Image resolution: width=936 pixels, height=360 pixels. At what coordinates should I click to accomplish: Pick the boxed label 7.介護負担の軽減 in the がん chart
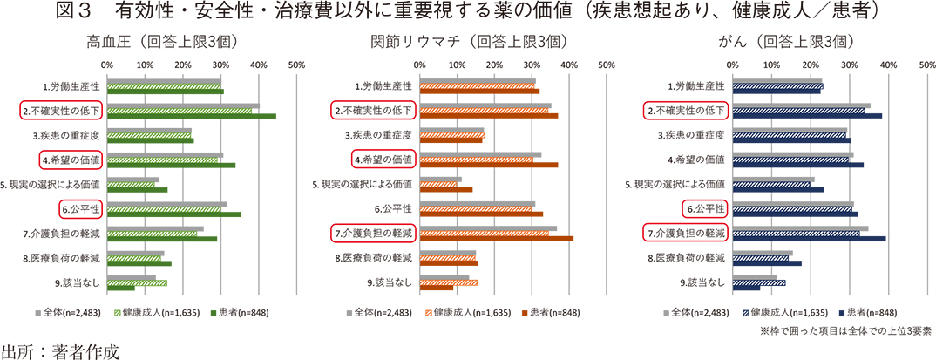tap(685, 234)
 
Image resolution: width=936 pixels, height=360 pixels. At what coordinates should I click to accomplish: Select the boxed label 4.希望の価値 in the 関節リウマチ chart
tap(383, 160)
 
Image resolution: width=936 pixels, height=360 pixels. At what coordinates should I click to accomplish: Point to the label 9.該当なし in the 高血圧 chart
tap(77, 282)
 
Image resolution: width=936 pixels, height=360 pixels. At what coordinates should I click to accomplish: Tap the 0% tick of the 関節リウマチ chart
tap(420, 65)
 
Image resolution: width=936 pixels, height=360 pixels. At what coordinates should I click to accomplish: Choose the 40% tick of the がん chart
tap(888, 65)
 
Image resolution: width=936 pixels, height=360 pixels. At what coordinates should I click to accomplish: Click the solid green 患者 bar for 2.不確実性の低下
tap(191, 116)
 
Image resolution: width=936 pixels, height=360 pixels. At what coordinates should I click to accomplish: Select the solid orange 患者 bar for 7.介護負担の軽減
tap(497, 238)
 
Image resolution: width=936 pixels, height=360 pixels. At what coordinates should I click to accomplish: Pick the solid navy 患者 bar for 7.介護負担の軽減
tap(809, 238)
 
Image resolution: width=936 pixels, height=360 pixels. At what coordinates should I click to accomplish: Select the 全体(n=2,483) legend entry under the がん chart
tap(695, 312)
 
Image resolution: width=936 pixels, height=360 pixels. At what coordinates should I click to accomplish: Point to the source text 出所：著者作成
tap(58, 350)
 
